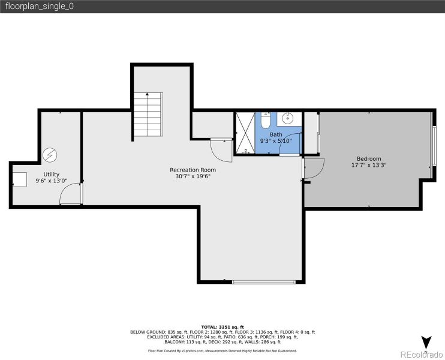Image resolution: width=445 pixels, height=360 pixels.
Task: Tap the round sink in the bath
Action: [287, 118]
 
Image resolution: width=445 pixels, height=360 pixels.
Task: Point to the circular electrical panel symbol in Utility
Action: [49, 155]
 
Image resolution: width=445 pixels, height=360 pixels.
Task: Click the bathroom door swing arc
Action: [290, 144]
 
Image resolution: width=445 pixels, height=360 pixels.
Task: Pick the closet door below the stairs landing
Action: [221, 150]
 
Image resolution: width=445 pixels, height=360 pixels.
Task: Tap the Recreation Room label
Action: [193, 170]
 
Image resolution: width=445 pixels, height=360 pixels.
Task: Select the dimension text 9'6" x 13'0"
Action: [51, 180]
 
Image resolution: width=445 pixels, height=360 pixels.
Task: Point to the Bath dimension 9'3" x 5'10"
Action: [275, 141]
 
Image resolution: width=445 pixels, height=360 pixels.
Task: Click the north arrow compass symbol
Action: [426, 343]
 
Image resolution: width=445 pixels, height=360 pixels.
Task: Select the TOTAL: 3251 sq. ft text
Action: [222, 326]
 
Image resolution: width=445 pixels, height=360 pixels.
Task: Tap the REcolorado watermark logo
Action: [422, 353]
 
